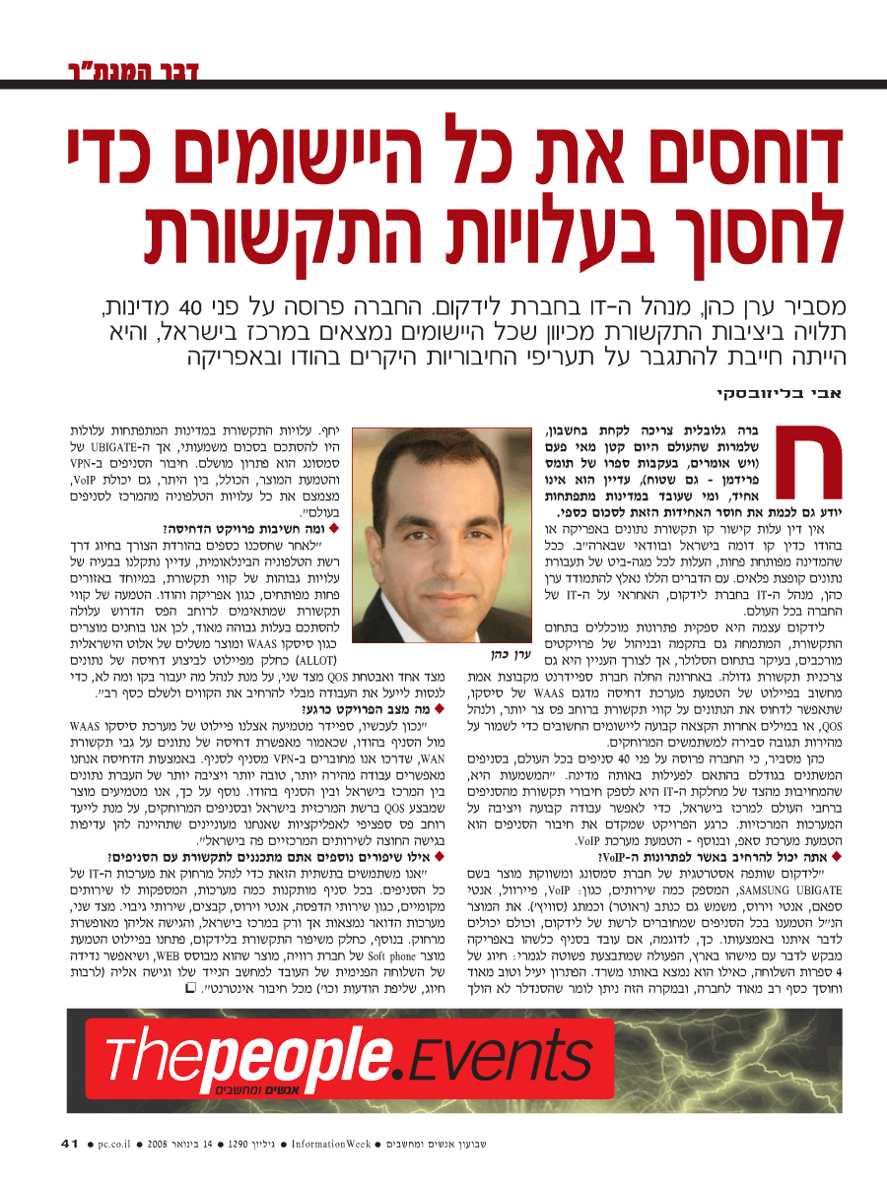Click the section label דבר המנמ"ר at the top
(127, 71)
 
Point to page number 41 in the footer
(70, 1145)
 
